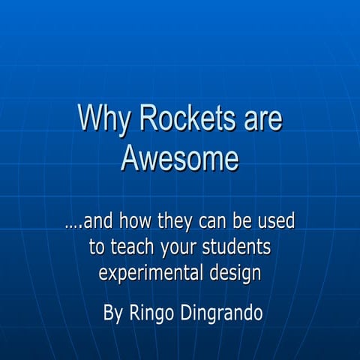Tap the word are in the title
[x=260, y=120]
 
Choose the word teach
[x=130, y=247]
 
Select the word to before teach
[x=97, y=247]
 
